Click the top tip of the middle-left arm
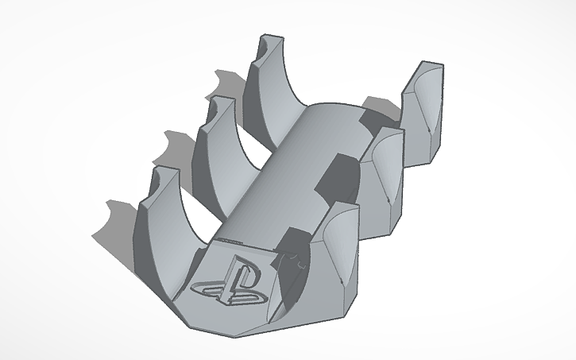[x=219, y=101]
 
